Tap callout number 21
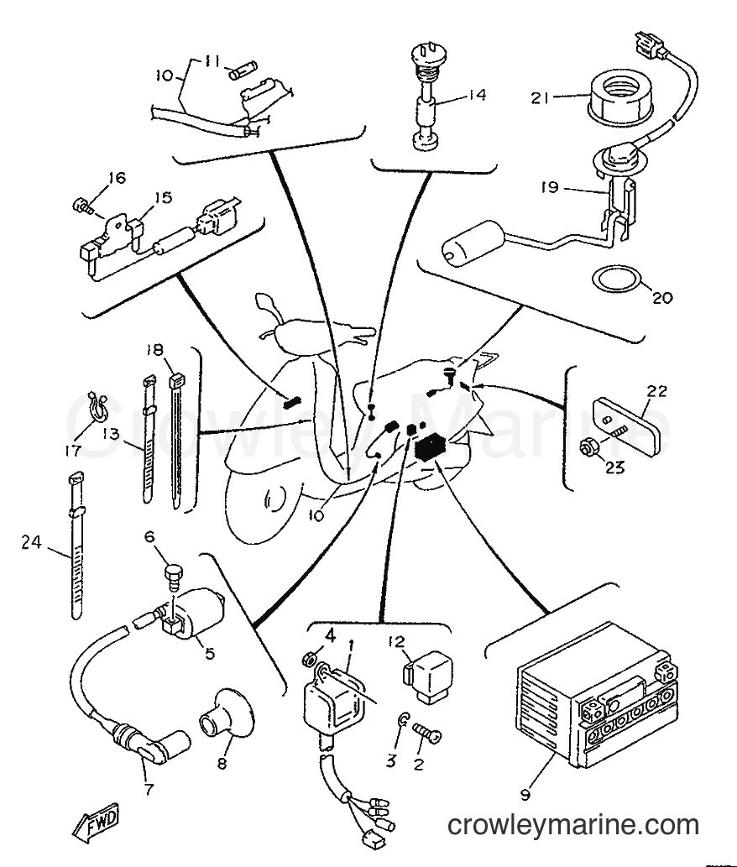pyautogui.click(x=541, y=98)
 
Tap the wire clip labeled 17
pyautogui.click(x=98, y=406)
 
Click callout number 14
pyautogui.click(x=475, y=95)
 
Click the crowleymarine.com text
pyautogui.click(x=572, y=826)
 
